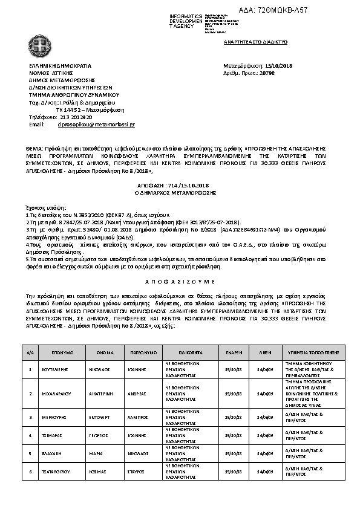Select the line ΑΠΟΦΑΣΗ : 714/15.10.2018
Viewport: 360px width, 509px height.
coord(180,186)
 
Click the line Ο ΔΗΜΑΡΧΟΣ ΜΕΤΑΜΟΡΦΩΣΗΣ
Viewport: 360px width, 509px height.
coord(180,192)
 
